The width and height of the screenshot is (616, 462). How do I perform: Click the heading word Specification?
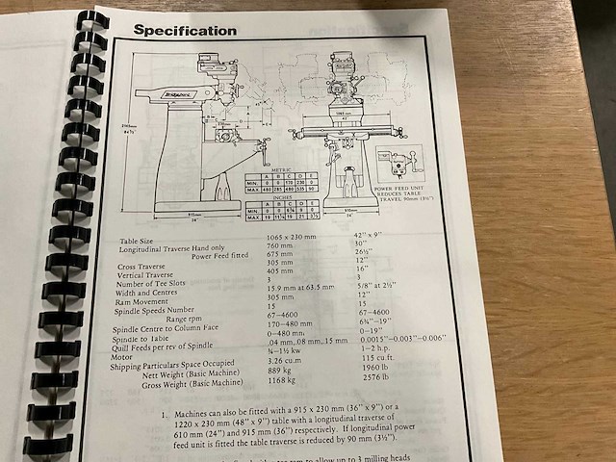click(x=184, y=30)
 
